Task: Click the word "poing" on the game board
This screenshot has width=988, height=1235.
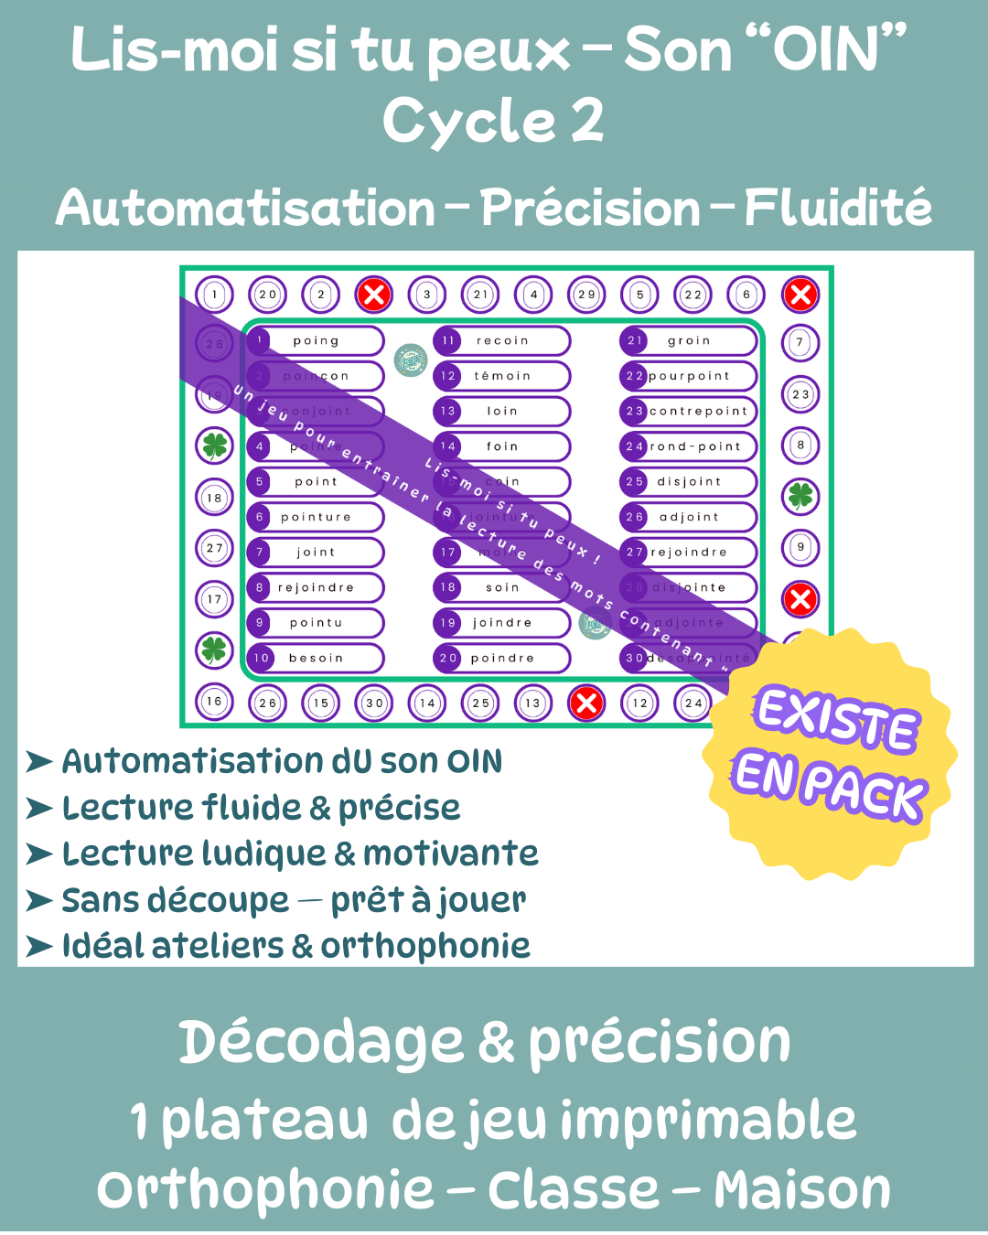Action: click(316, 340)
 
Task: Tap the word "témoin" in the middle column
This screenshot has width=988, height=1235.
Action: click(502, 376)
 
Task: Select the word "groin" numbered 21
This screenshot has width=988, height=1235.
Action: click(689, 340)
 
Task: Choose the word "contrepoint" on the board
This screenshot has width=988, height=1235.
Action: click(699, 411)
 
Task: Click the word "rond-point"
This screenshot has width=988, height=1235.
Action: click(695, 446)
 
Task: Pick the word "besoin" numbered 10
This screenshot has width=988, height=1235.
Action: click(316, 658)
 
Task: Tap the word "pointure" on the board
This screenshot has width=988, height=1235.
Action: click(316, 517)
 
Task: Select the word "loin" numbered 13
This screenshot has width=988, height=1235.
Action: click(502, 411)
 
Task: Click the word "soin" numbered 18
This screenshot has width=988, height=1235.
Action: click(502, 587)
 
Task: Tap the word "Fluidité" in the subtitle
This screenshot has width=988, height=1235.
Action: click(838, 208)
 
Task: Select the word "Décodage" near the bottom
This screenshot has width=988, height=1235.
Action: click(320, 1042)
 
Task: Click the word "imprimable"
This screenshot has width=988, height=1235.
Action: click(708, 1121)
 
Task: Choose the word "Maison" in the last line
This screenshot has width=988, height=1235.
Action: click(802, 1190)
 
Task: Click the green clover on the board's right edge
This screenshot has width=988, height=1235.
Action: click(800, 496)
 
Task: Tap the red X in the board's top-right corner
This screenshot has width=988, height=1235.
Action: click(800, 295)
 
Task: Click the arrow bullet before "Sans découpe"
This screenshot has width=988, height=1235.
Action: click(39, 900)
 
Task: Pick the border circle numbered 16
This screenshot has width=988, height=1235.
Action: click(214, 702)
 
